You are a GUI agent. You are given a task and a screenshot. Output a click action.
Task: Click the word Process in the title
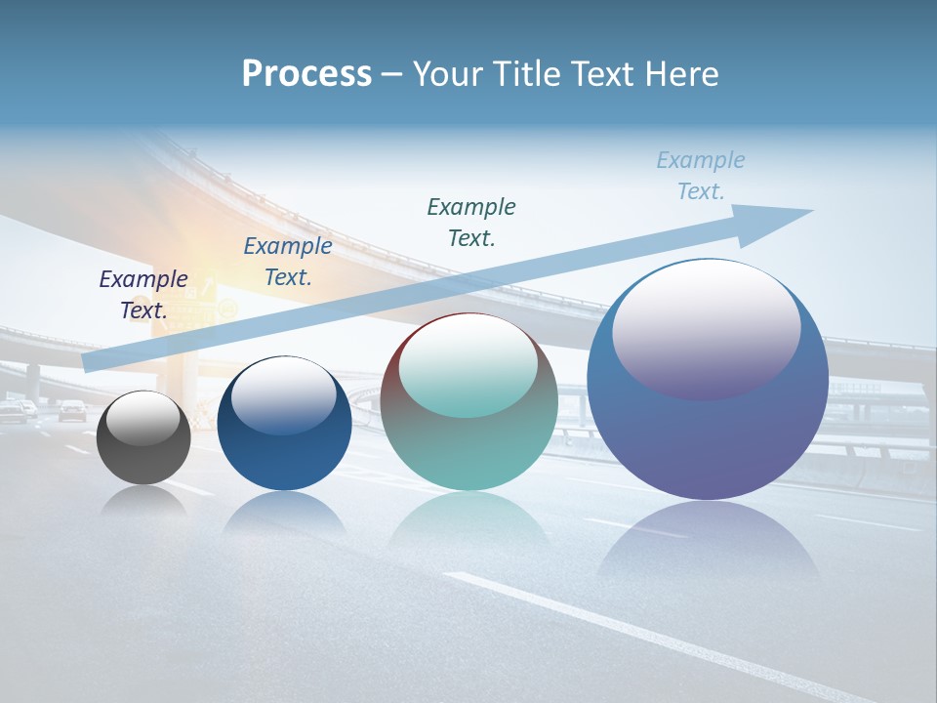tap(306, 73)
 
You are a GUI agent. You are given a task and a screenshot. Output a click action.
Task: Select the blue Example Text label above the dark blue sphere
tap(287, 262)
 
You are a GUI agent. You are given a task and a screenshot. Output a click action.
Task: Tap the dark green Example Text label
tap(471, 222)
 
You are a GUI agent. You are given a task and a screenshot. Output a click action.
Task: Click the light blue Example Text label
tap(701, 176)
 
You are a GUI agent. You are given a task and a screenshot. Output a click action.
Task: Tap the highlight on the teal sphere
tap(468, 366)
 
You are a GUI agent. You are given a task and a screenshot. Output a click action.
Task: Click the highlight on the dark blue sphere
tap(284, 394)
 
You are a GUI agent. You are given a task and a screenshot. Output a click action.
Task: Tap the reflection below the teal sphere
tap(469, 522)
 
